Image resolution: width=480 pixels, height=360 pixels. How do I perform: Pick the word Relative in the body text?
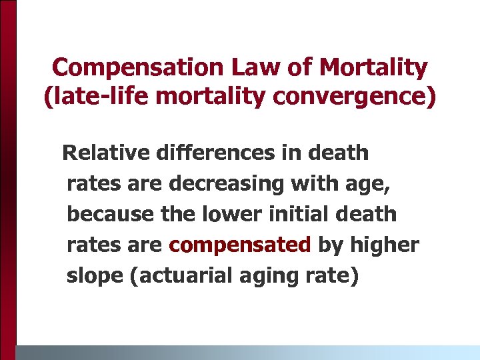coord(105,153)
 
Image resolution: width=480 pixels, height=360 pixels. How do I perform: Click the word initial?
coord(304,214)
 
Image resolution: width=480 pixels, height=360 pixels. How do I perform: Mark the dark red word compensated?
coord(240,245)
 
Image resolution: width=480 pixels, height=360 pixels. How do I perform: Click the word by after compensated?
coord(330,245)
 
